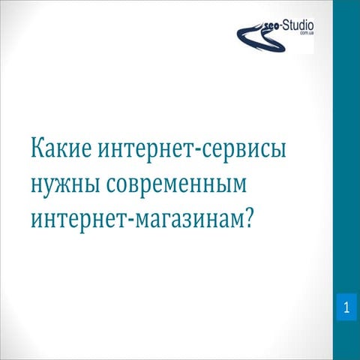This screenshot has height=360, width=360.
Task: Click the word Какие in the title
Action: pos(61,150)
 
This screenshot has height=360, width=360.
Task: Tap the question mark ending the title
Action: pos(268,218)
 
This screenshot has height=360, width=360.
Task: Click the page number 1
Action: pos(346,307)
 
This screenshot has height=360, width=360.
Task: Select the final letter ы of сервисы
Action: pos(280,150)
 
